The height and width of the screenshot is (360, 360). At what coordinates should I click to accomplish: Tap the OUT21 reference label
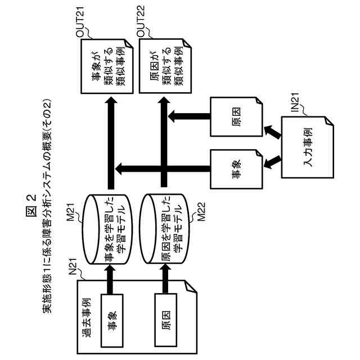(x=80, y=21)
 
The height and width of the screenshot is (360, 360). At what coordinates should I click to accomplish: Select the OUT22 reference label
(x=141, y=21)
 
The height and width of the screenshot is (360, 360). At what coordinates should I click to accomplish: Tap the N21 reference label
(x=73, y=266)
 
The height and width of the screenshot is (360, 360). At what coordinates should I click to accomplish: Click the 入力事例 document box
(x=308, y=147)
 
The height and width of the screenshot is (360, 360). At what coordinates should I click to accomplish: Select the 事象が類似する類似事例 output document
(x=107, y=66)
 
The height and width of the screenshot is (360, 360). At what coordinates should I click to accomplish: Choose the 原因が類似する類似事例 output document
(x=165, y=66)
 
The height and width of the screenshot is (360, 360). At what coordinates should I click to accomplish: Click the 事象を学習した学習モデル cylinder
(x=107, y=229)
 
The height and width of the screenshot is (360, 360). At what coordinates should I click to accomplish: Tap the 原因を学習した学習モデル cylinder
(x=165, y=229)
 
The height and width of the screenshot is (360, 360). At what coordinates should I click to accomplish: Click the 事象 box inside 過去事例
(x=112, y=321)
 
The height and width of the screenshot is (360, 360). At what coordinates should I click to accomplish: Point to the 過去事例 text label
(x=87, y=317)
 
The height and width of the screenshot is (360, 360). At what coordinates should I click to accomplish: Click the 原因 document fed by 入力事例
(x=236, y=117)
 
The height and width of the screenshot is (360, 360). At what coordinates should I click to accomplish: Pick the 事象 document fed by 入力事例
(x=236, y=169)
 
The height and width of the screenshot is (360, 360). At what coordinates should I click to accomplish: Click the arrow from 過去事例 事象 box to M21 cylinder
(x=110, y=280)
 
